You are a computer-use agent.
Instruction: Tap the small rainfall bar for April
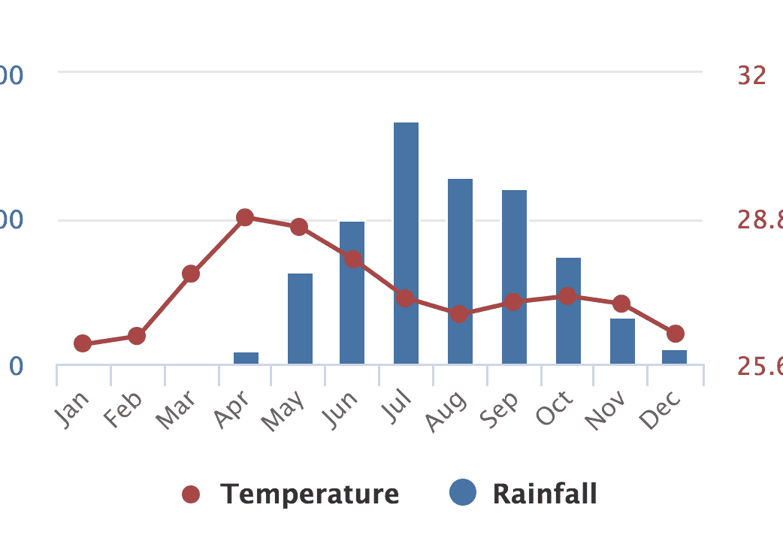pyautogui.click(x=246, y=358)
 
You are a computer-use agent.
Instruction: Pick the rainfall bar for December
pyautogui.click(x=674, y=357)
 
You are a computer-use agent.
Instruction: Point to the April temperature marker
pyautogui.click(x=245, y=218)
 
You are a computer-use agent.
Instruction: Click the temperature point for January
pyautogui.click(x=83, y=343)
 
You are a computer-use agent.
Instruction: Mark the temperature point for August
pyautogui.click(x=460, y=313)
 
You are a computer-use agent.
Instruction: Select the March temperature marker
pyautogui.click(x=191, y=274)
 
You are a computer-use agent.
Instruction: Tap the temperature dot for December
pyautogui.click(x=675, y=334)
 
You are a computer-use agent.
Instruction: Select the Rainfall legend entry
pyautogui.click(x=524, y=494)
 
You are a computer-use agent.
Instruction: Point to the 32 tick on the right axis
pyautogui.click(x=751, y=75)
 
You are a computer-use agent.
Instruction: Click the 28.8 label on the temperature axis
pyautogui.click(x=759, y=220)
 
